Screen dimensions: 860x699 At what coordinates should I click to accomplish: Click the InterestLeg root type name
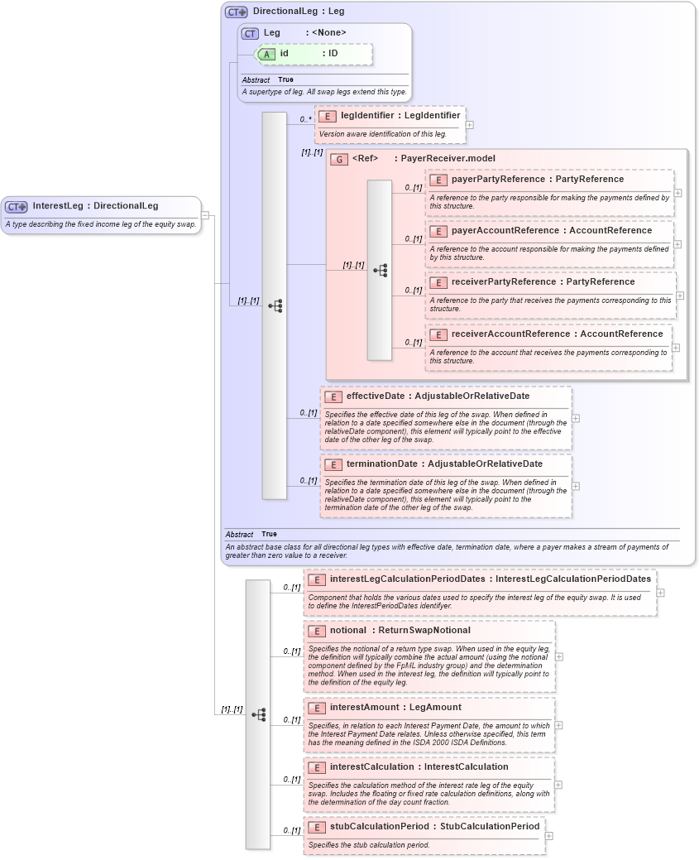61,206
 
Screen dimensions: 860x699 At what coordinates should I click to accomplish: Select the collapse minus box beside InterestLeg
205,215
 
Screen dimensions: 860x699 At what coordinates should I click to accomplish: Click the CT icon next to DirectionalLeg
237,12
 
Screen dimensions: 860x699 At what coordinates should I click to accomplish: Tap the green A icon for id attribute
266,54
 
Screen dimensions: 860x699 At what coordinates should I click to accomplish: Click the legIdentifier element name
367,116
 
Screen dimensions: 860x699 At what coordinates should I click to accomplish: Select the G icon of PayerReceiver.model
339,159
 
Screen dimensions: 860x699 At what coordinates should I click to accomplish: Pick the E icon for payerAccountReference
438,231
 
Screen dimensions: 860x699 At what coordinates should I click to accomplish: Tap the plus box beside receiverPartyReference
680,295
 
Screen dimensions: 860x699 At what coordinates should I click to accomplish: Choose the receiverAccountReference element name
512,334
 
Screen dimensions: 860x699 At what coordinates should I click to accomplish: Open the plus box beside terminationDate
576,487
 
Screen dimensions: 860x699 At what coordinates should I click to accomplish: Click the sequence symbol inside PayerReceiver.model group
380,271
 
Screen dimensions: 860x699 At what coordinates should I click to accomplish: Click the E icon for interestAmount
316,709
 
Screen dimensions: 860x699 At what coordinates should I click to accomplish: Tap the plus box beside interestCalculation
558,785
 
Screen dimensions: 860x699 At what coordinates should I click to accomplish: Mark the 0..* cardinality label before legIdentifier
306,120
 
